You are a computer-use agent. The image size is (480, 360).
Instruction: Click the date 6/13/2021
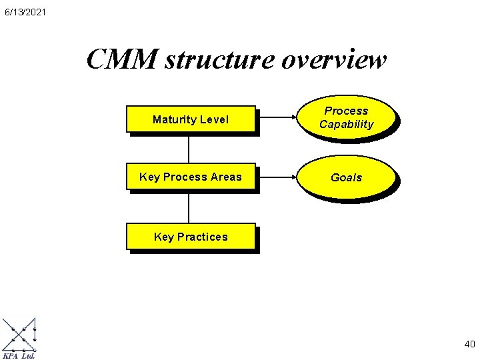pos(24,12)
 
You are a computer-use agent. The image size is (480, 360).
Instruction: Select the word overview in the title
pos(333,60)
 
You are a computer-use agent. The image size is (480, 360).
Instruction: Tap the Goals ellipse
pos(346,177)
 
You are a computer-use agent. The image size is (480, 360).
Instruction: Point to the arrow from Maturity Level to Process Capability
pos(277,120)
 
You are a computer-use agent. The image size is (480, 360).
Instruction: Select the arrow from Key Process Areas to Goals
pos(277,177)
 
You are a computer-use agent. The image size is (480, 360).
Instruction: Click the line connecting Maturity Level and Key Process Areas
pos(189,149)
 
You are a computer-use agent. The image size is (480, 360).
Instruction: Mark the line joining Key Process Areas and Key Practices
pos(189,207)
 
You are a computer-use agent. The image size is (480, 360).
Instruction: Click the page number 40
pos(469,345)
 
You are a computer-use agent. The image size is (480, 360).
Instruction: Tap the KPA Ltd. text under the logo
pos(19,356)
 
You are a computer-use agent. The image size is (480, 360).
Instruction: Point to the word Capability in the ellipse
pos(346,125)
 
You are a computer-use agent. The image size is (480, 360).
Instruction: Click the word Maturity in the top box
pos(173,120)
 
